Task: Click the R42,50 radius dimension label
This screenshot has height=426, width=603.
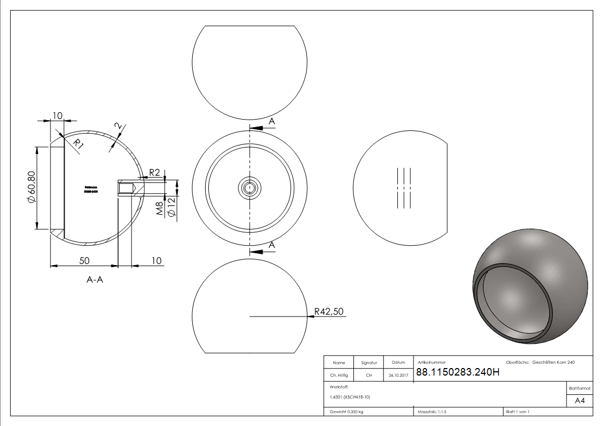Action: click(329, 312)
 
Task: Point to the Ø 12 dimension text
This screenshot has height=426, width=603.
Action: click(171, 207)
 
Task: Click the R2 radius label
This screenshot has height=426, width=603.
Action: click(154, 172)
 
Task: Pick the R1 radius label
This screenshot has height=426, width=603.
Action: click(78, 144)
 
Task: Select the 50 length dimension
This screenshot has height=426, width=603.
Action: click(84, 260)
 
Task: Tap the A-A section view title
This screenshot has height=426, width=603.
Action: click(95, 279)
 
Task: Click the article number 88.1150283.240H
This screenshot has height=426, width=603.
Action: click(457, 373)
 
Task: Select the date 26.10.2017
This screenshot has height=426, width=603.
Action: click(398, 376)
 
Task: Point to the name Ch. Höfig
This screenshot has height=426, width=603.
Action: click(339, 376)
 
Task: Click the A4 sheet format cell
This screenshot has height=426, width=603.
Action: click(579, 400)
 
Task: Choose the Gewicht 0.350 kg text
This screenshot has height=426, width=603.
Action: click(346, 412)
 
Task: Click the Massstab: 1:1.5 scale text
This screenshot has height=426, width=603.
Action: click(432, 412)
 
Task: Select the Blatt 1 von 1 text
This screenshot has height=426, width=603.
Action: click(518, 412)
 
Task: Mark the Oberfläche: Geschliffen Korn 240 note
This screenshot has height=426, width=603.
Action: click(540, 363)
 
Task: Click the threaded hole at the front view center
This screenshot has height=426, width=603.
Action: click(250, 187)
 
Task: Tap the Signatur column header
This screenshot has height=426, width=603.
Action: click(369, 363)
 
